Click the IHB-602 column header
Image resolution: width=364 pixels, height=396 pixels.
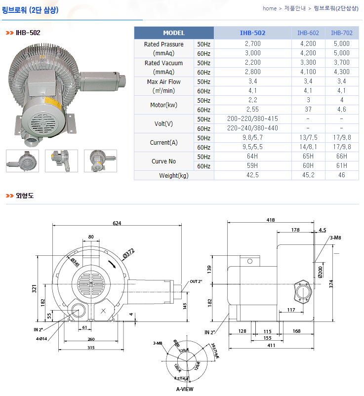[x=308, y=33]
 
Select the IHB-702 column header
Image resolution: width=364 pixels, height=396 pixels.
[x=341, y=33]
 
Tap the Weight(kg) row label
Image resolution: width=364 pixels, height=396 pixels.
[x=174, y=175]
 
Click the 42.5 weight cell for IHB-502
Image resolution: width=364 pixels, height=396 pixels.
[x=252, y=175]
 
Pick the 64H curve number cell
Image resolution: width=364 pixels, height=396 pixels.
[x=252, y=157]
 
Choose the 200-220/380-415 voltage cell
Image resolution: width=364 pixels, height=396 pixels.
[x=252, y=119]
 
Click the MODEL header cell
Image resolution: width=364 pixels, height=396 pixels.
[x=174, y=33]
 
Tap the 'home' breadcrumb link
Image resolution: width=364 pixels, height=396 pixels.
[x=270, y=8]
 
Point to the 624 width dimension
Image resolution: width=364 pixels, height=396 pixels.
[x=117, y=223]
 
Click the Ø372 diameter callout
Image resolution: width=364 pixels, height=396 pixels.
[x=128, y=254]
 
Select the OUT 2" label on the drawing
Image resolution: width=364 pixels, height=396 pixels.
[x=196, y=281]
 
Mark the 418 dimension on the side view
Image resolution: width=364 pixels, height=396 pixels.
[x=271, y=220]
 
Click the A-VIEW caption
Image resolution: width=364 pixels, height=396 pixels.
[x=185, y=389]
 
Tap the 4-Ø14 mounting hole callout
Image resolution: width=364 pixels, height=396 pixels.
[x=41, y=339]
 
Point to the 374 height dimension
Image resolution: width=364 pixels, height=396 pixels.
[x=331, y=284]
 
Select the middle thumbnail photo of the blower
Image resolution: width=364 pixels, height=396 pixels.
[x=61, y=161]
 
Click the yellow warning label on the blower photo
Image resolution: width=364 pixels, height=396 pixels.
[x=53, y=103]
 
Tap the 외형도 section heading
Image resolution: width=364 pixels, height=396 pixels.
[x=25, y=196]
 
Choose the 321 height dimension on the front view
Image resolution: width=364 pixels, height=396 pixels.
[x=34, y=289]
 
